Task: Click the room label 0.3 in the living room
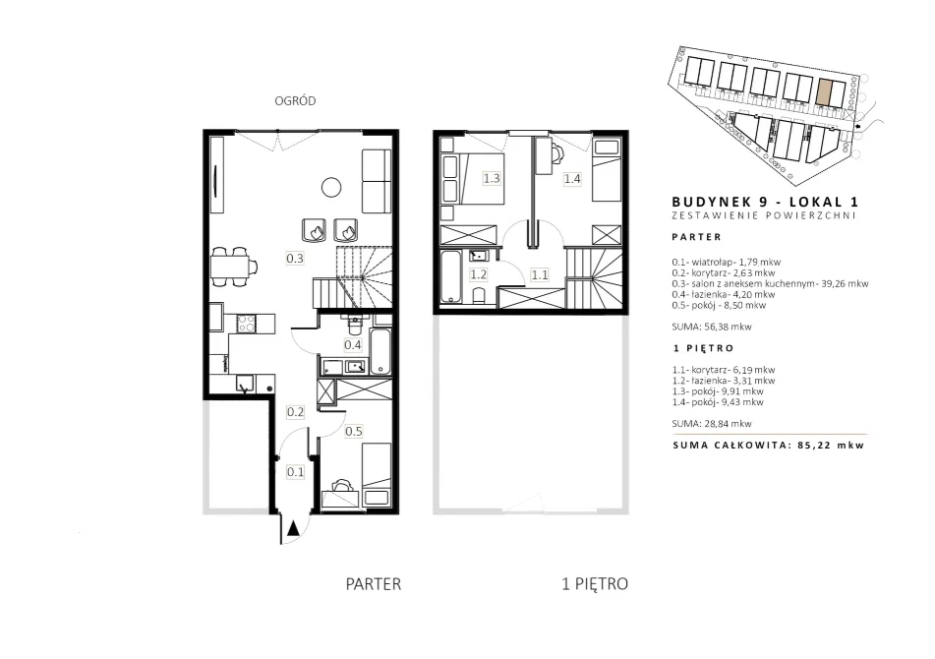pyautogui.click(x=295, y=259)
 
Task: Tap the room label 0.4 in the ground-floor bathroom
pyautogui.click(x=353, y=344)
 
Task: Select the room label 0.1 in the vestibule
pyautogui.click(x=296, y=472)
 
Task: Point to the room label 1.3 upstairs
pyautogui.click(x=492, y=178)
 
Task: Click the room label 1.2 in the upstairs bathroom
pyautogui.click(x=478, y=275)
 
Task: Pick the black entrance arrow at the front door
pyautogui.click(x=293, y=529)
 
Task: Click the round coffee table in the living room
pyautogui.click(x=331, y=187)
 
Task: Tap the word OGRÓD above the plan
pyautogui.click(x=295, y=100)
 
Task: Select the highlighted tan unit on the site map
pyautogui.click(x=824, y=92)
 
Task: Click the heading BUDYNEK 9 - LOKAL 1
pyautogui.click(x=765, y=203)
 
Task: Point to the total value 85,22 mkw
pyautogui.click(x=831, y=445)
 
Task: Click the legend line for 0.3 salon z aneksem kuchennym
pyautogui.click(x=770, y=284)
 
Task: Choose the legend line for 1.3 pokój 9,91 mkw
pyautogui.click(x=718, y=391)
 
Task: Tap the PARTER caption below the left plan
pyautogui.click(x=374, y=584)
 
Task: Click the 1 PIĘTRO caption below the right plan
pyautogui.click(x=595, y=584)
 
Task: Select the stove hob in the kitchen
pyautogui.click(x=247, y=324)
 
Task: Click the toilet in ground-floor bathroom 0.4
pyautogui.click(x=354, y=325)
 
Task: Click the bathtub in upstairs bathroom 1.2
pyautogui.click(x=450, y=277)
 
